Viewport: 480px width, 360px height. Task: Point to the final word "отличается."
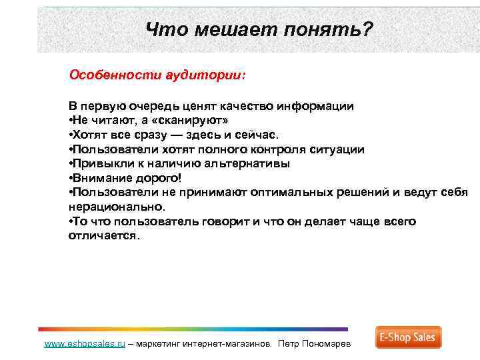tap(105, 236)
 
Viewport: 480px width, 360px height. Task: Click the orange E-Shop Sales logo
tap(408, 337)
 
